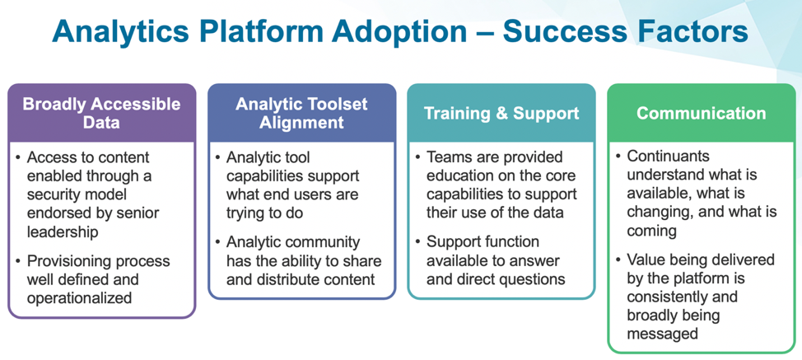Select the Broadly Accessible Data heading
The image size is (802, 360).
[x=102, y=114]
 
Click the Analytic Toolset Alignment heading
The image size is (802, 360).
[x=301, y=114]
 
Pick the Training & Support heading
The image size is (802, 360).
[x=501, y=114]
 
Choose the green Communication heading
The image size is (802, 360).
[x=701, y=114]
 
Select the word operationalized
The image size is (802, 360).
[x=79, y=298]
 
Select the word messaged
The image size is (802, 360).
[x=662, y=334]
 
